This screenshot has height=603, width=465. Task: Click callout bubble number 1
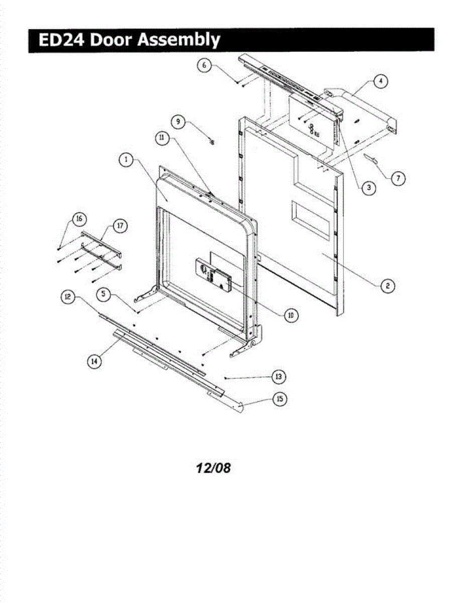[x=126, y=160]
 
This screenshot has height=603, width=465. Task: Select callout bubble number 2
[x=387, y=285]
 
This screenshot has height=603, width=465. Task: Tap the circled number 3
[x=368, y=187]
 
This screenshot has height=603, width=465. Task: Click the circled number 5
[x=104, y=295]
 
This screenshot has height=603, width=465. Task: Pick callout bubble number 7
[x=398, y=177]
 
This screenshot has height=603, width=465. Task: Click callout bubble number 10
[x=290, y=315]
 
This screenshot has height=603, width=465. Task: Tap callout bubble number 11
[x=162, y=140]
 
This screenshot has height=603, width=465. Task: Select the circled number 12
[x=67, y=297]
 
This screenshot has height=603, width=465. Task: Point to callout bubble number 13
[x=279, y=376]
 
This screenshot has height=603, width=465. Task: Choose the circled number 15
[x=280, y=398]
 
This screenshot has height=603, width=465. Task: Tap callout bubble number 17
[x=120, y=226]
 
